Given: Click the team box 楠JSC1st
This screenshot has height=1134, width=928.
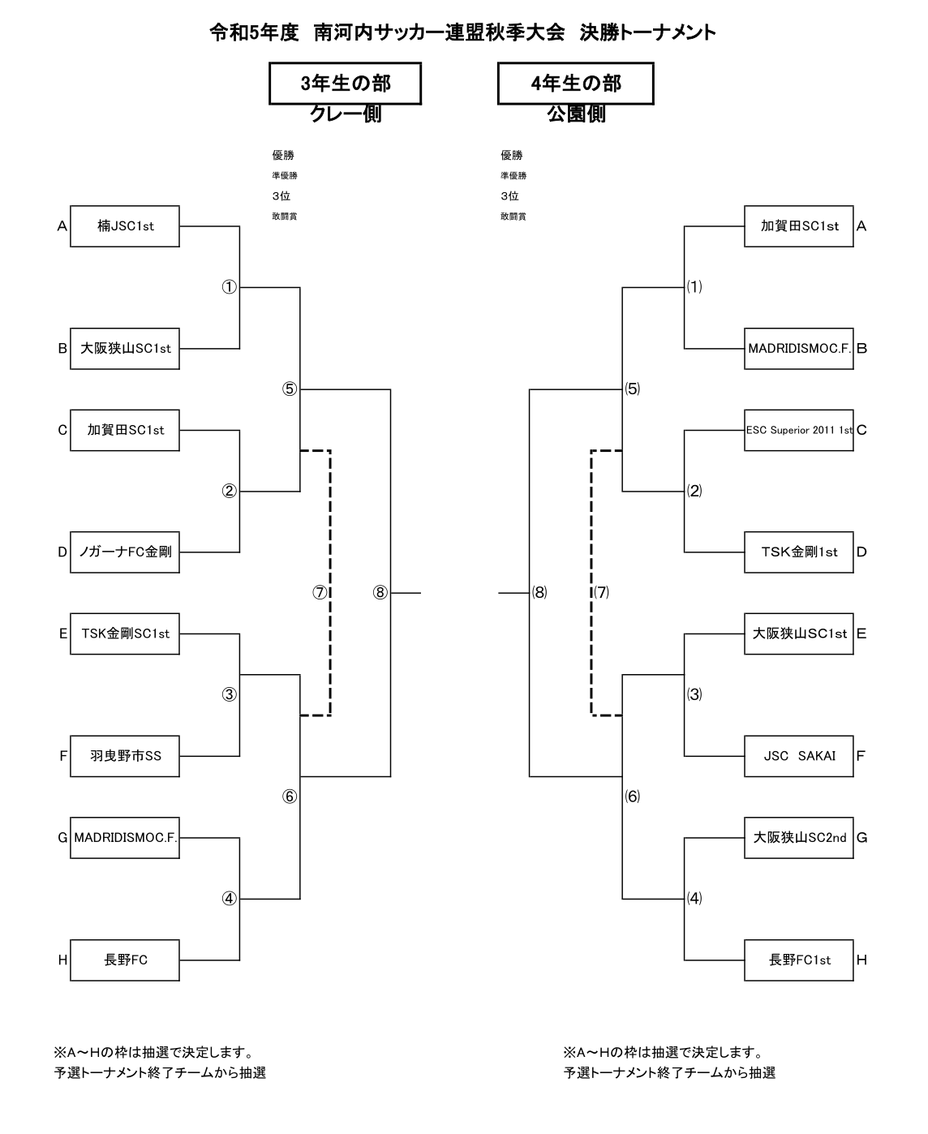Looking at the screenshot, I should click(x=125, y=226).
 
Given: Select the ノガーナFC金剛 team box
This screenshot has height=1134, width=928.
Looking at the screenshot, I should click(x=125, y=552).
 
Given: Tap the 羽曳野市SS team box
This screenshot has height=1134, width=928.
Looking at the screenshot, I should click(x=125, y=756).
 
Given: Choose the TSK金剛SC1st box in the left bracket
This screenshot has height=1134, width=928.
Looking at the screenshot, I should click(x=125, y=634).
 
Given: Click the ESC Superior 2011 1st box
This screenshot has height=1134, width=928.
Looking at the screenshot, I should click(x=799, y=430).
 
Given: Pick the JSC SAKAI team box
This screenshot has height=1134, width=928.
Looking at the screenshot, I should click(x=799, y=756).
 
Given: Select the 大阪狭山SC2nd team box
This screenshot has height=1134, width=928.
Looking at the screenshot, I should click(x=799, y=838).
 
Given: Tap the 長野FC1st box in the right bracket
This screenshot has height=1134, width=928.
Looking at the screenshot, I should click(x=799, y=960).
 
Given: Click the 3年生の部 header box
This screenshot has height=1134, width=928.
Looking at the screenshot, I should click(x=345, y=84).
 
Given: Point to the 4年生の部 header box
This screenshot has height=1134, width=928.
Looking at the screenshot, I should click(x=575, y=84).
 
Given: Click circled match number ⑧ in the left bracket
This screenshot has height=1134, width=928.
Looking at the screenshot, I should click(x=380, y=592).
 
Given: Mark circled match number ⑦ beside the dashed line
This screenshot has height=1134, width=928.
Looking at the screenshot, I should click(x=320, y=592).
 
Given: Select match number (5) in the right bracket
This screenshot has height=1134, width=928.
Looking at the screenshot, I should click(x=632, y=389).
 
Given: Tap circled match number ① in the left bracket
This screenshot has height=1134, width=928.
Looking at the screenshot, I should click(x=230, y=287).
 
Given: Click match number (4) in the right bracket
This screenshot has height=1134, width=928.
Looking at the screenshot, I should click(x=694, y=898).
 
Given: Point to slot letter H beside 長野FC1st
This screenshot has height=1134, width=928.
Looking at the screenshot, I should click(x=861, y=960).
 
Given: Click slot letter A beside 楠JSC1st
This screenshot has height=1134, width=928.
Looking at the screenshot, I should click(x=62, y=227).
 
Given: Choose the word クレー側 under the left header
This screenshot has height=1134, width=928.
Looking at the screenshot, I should click(x=346, y=114).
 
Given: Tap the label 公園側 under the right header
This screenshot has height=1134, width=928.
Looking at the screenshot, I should click(x=576, y=114).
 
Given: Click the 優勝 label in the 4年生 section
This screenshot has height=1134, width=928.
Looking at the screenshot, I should click(x=512, y=156).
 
